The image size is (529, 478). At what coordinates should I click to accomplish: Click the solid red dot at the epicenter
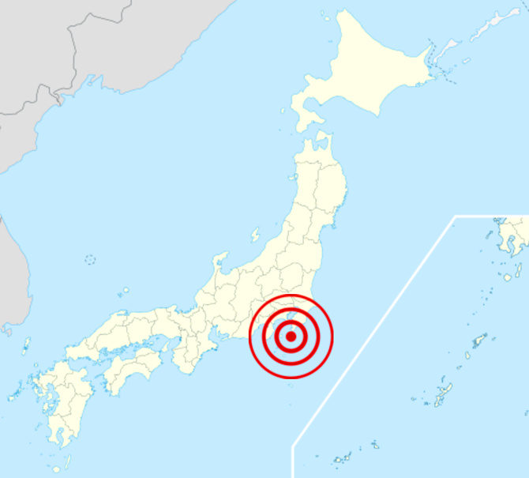(291, 337)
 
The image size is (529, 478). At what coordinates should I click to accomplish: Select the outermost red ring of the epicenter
(291, 296)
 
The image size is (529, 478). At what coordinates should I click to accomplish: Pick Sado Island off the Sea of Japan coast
(255, 235)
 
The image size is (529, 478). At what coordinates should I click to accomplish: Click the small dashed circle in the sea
(90, 259)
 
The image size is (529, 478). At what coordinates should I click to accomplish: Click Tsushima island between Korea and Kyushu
(26, 345)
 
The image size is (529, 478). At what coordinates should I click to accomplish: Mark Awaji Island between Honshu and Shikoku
(168, 348)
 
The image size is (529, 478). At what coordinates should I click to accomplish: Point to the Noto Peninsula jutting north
(219, 262)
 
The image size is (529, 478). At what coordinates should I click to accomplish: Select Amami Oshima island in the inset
(479, 341)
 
